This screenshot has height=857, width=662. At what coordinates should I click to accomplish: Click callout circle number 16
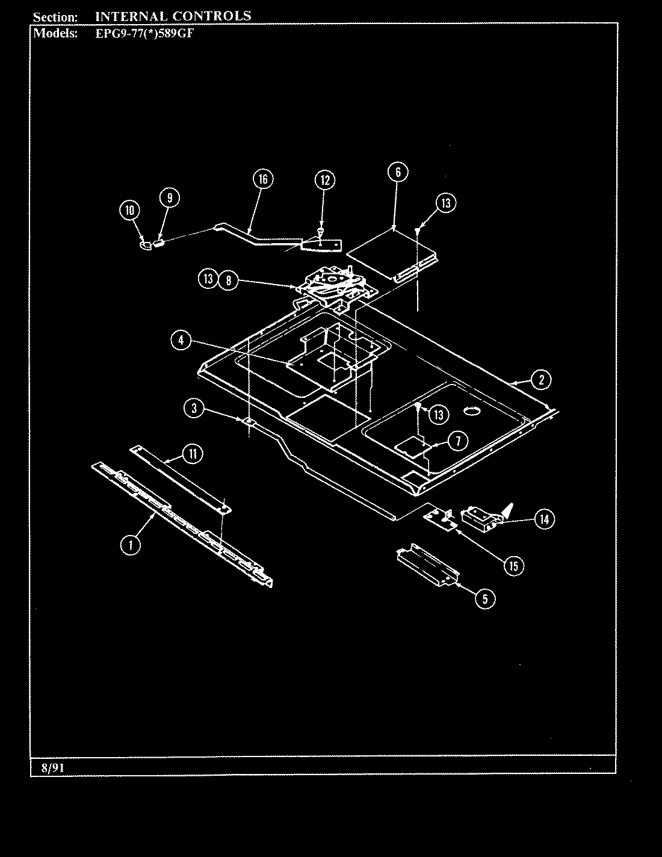tap(262, 179)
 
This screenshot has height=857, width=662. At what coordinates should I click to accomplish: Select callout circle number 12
tap(324, 180)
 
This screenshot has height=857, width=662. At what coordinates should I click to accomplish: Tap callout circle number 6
tap(398, 172)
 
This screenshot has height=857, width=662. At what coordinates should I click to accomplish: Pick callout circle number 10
tap(129, 211)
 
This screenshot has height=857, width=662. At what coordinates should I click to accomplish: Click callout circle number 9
tap(169, 198)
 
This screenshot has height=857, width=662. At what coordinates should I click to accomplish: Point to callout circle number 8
tap(227, 280)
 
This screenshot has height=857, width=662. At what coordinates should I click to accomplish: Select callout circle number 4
tap(180, 341)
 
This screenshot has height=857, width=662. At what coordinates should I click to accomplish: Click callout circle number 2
tap(541, 380)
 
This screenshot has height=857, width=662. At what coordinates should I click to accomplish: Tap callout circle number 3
tap(194, 408)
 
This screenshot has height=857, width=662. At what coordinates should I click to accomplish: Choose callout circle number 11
tap(192, 454)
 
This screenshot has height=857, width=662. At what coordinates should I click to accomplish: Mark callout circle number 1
tap(130, 545)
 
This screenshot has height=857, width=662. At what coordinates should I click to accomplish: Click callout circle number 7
tap(457, 441)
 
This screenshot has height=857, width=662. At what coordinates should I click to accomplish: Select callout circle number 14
tap(543, 519)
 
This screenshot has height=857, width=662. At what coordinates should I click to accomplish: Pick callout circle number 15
tap(513, 566)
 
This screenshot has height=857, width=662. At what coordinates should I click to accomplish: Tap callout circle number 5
tap(485, 598)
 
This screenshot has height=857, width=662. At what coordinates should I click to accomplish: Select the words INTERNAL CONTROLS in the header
tap(173, 16)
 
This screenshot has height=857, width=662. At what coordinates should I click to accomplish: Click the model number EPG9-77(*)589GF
tap(144, 34)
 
